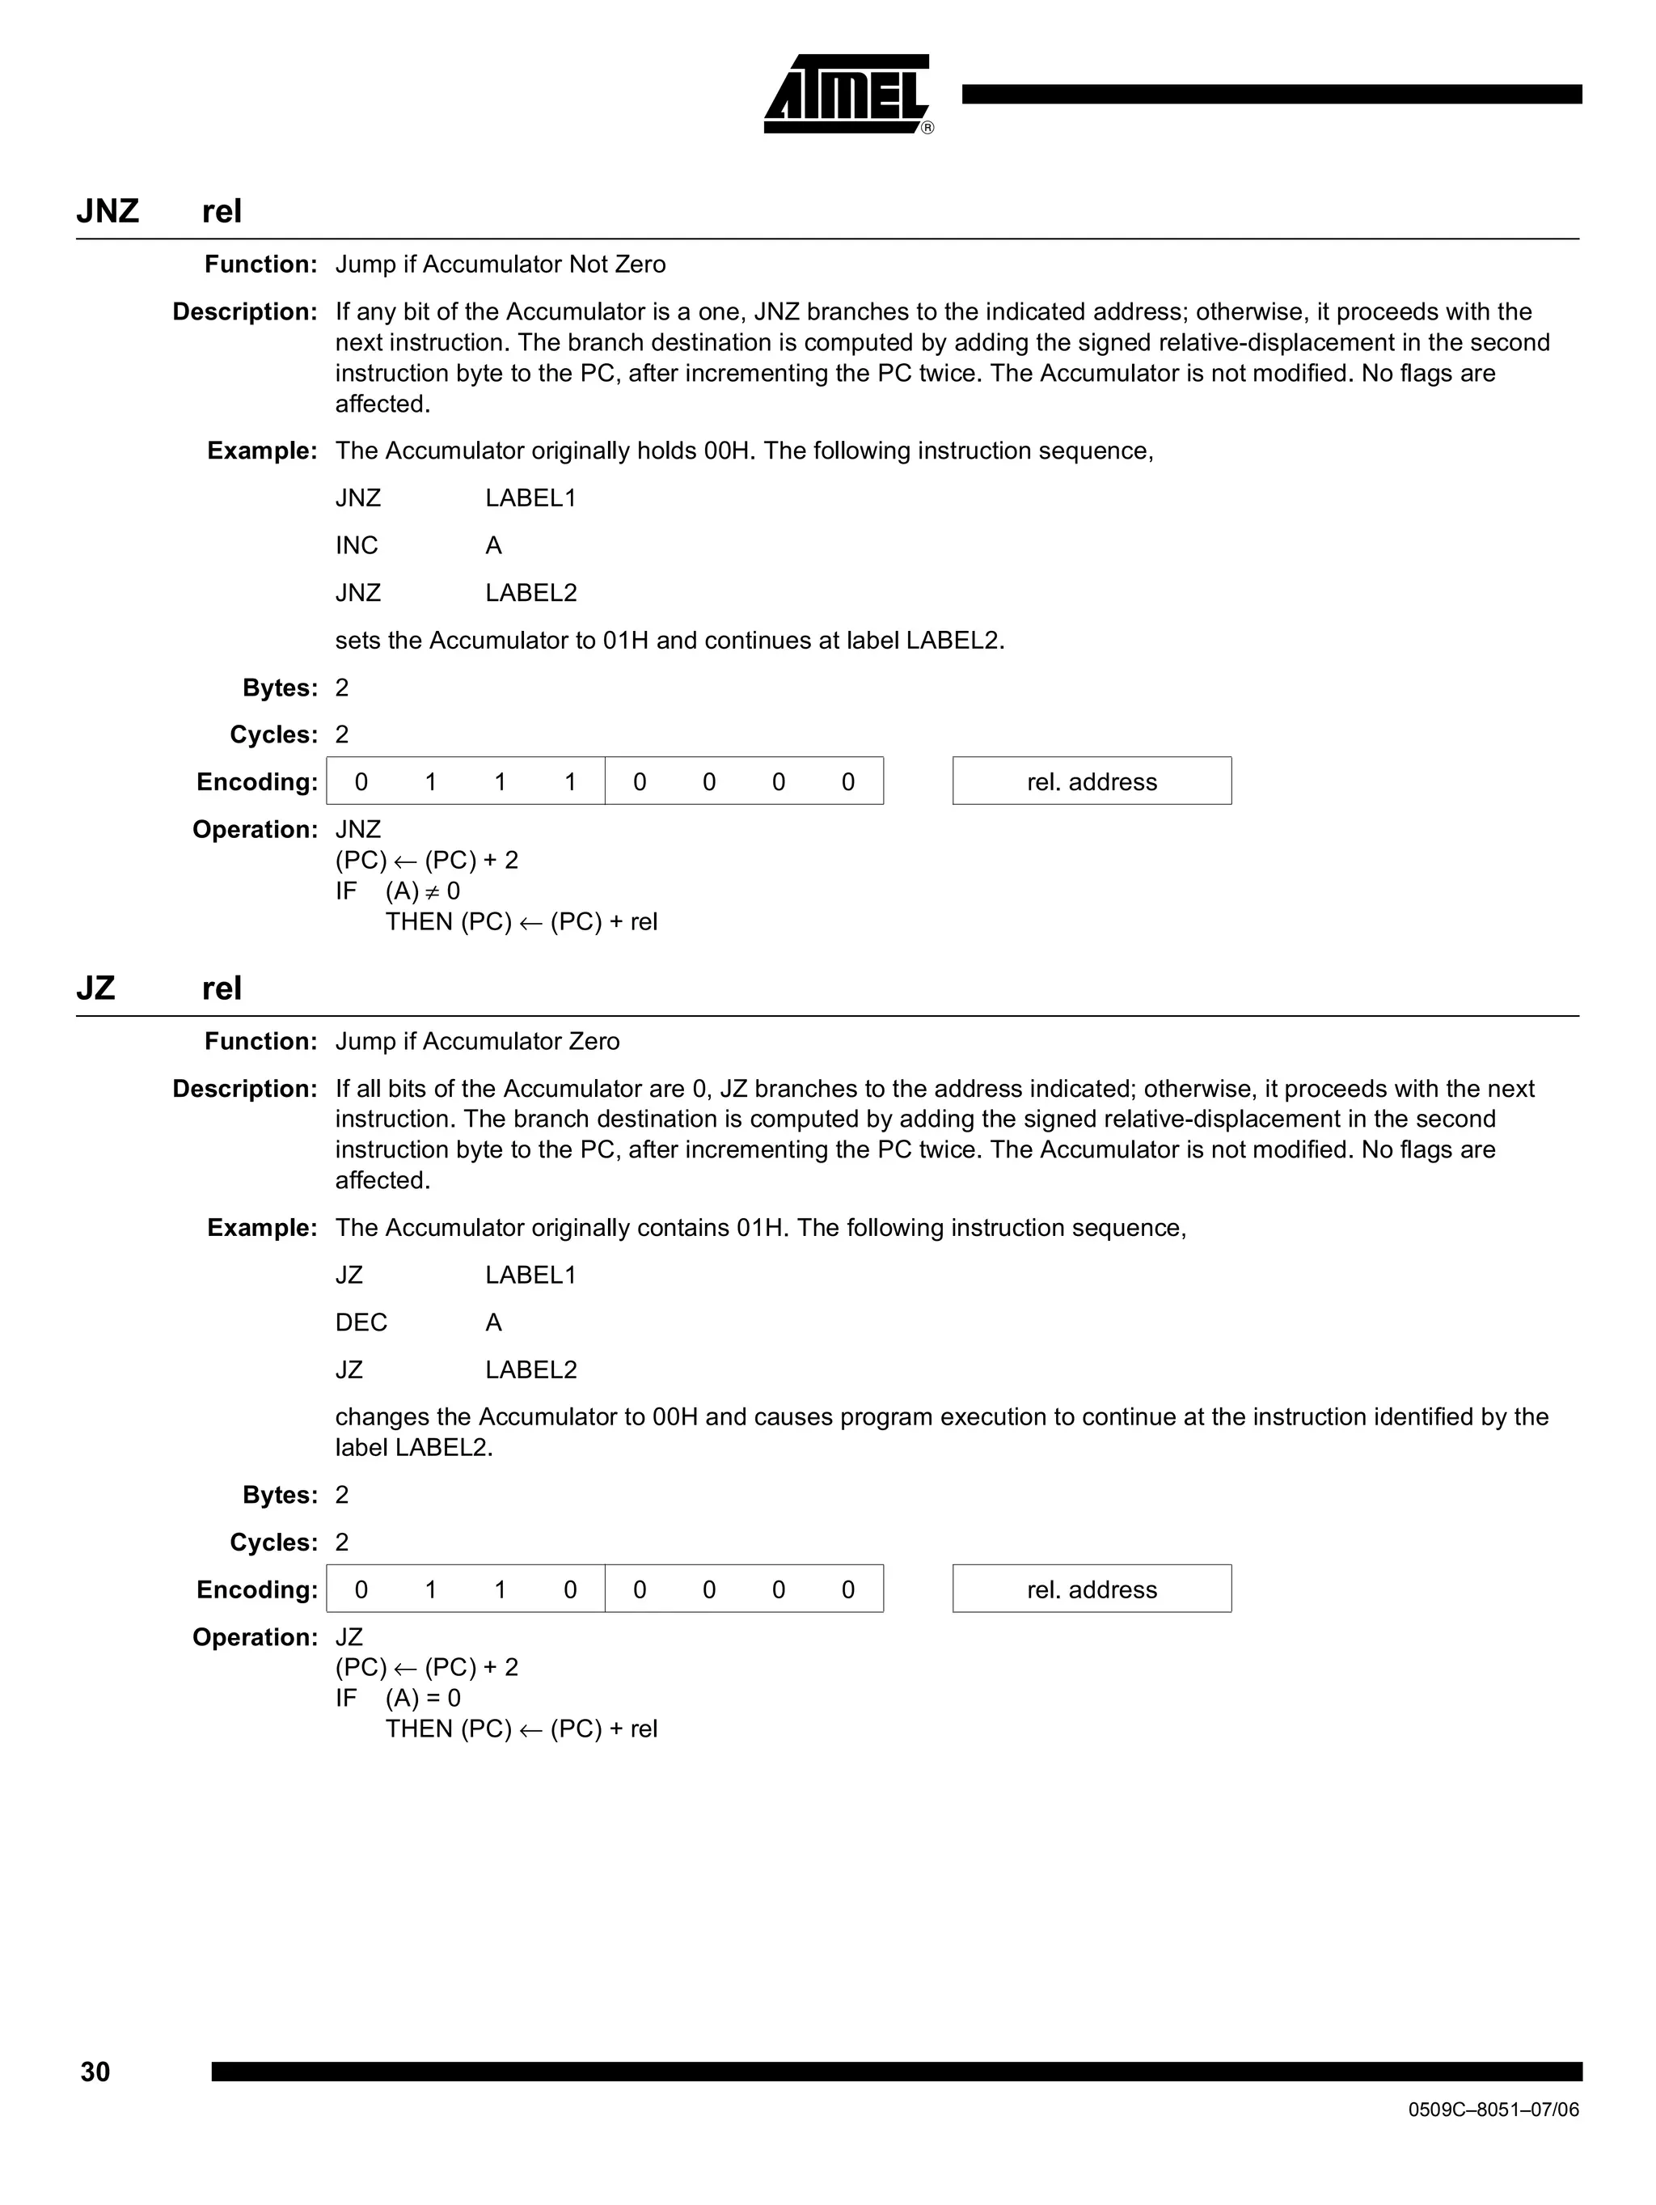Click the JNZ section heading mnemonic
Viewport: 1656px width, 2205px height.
pos(107,211)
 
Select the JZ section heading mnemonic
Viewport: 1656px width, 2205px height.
pos(95,988)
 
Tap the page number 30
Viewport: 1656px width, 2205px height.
pos(95,2072)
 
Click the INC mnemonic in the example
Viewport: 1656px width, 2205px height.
pos(357,545)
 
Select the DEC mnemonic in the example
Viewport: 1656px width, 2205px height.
pos(361,1322)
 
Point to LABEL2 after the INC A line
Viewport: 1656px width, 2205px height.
pos(531,593)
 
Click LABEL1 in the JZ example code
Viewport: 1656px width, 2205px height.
pos(531,1275)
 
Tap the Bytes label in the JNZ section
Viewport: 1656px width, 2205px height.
pos(279,688)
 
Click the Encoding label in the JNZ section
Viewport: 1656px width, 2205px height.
pos(256,781)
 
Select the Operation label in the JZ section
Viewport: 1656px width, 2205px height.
pos(254,1637)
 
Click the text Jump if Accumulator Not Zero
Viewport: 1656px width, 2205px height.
pos(501,265)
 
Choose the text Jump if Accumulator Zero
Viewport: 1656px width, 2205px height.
pos(477,1041)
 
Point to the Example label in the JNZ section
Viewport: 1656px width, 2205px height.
pos(261,451)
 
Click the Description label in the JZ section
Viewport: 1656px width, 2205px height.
pos(244,1089)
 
